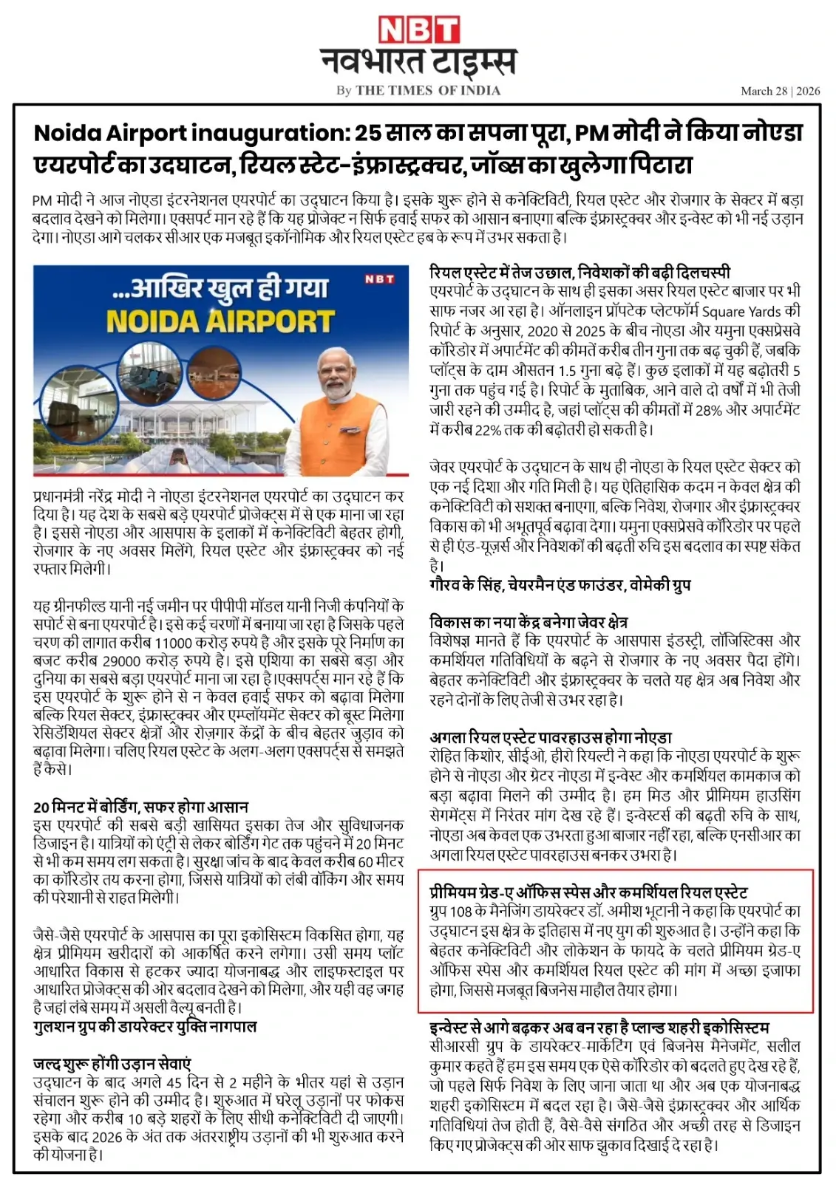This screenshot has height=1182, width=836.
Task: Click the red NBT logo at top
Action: [x=418, y=30]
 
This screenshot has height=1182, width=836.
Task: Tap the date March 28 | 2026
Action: [x=780, y=91]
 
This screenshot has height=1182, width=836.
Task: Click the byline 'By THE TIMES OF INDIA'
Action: [x=418, y=90]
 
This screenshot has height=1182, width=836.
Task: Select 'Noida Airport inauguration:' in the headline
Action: [x=193, y=134]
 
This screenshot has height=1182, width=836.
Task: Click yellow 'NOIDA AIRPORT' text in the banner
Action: [x=220, y=321]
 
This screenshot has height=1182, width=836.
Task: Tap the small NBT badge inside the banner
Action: [x=379, y=279]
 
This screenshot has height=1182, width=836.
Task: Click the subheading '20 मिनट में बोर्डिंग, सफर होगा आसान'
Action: [x=140, y=807]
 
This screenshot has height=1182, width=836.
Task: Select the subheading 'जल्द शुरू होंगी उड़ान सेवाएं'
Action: [x=112, y=1064]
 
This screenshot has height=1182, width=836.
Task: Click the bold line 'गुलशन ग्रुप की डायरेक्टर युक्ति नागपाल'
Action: [x=145, y=1027]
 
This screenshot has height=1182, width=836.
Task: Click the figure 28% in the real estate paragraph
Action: [x=707, y=409]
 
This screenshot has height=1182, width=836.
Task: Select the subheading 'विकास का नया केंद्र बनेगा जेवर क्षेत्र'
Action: [x=529, y=621]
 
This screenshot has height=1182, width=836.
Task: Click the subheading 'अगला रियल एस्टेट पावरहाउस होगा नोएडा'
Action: [x=550, y=737]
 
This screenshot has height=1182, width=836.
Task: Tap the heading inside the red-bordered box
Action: [x=588, y=892]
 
